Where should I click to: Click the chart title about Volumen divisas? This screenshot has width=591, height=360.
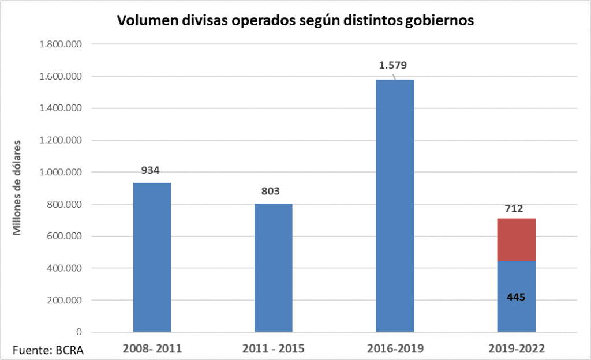point(295,21)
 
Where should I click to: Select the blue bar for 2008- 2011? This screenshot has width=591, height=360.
point(152,257)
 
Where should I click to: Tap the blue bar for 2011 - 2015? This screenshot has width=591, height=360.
point(273,268)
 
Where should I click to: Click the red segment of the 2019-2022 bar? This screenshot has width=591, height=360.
point(517,240)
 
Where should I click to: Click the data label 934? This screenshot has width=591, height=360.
point(150,170)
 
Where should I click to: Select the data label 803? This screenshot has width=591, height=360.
point(270,191)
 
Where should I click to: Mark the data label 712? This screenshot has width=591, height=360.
point(513,208)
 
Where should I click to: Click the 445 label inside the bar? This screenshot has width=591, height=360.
point(516,297)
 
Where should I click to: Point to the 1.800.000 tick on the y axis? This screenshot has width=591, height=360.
point(59,44)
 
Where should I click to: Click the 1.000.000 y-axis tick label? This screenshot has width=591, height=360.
point(59,172)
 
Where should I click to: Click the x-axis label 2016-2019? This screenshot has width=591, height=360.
point(395,348)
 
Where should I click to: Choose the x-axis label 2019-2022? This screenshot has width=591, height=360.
point(516,348)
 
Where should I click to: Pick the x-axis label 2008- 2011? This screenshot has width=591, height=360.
point(152,348)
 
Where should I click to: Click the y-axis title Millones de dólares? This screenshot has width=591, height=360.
point(17,187)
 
